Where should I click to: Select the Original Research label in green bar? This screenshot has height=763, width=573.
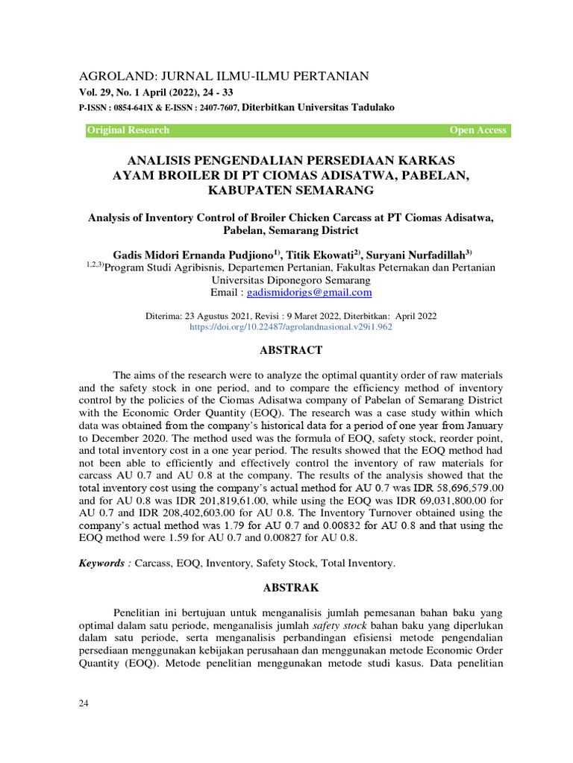128,130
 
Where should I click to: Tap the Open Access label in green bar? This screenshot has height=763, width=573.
477,130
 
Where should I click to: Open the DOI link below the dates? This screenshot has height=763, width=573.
291,326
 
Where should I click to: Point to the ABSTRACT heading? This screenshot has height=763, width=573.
290,350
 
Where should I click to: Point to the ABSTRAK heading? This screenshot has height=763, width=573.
290,588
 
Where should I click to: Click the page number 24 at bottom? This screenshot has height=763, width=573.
84,703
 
